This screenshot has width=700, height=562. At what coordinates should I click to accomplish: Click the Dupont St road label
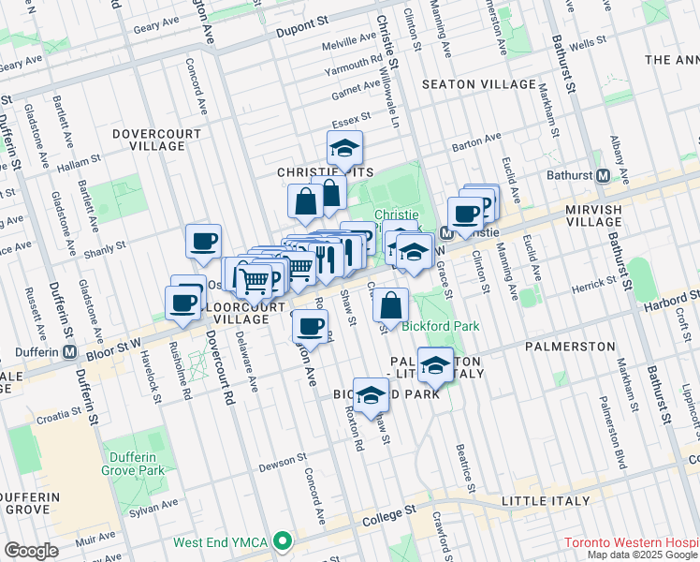pyautogui.click(x=303, y=30)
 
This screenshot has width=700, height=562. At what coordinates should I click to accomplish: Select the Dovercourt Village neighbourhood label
pyautogui.click(x=156, y=140)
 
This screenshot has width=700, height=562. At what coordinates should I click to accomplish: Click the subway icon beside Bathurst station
pyautogui.click(x=604, y=175)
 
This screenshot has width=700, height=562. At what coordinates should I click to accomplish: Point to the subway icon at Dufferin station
pyautogui.click(x=70, y=352)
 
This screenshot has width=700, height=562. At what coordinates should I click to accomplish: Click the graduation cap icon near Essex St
pyautogui.click(x=344, y=148)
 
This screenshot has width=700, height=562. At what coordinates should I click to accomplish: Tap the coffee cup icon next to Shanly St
pyautogui.click(x=203, y=243)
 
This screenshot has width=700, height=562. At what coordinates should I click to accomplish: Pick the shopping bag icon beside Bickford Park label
pyautogui.click(x=391, y=305)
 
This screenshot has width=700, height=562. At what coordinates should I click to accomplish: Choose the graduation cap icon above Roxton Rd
pyautogui.click(x=372, y=395)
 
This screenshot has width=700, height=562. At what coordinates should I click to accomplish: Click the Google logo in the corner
pyautogui.click(x=32, y=551)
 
